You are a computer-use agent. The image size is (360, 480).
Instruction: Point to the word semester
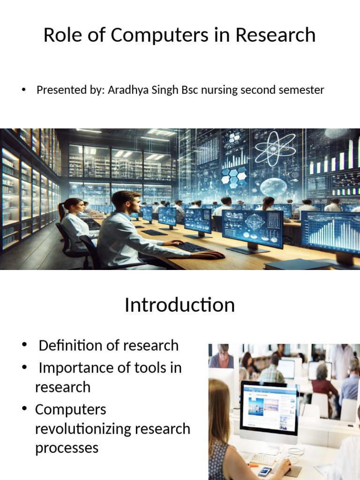[x=300, y=90]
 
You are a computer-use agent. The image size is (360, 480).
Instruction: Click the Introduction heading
[x=180, y=305]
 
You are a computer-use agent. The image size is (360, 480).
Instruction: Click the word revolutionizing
[x=112, y=429]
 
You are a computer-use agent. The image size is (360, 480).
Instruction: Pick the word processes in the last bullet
[x=67, y=448]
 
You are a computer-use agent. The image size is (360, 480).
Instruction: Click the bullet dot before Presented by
[x=24, y=90]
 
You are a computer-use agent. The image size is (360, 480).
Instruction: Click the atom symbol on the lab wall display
[x=275, y=149]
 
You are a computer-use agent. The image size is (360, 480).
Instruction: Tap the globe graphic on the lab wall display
[x=273, y=187]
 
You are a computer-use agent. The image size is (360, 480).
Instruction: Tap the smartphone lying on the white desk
[x=264, y=471]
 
